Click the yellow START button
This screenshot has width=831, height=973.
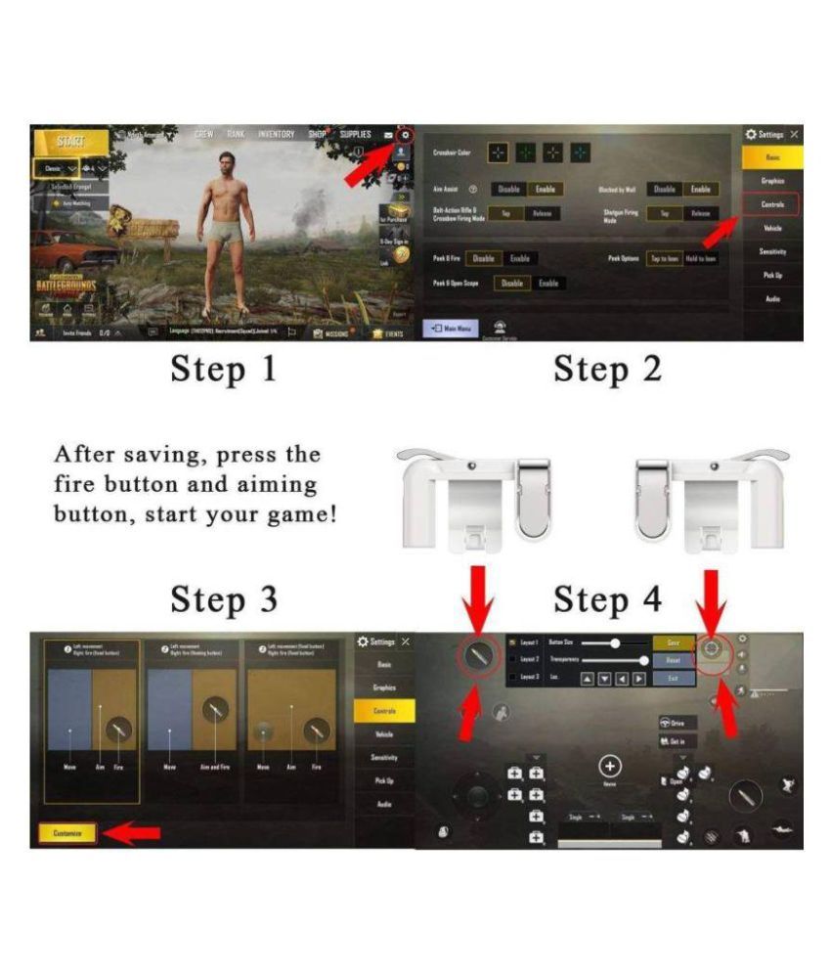pyautogui.click(x=69, y=142)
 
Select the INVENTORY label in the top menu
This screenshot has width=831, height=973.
pyautogui.click(x=276, y=134)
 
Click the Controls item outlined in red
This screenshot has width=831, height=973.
pyautogui.click(x=771, y=204)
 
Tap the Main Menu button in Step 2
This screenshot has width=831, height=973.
pyautogui.click(x=451, y=329)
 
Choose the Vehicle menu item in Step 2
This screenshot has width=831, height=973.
pyautogui.click(x=771, y=228)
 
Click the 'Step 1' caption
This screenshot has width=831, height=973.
pyautogui.click(x=224, y=371)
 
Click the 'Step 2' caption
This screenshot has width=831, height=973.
pyautogui.click(x=607, y=371)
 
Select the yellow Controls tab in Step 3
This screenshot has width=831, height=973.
pyautogui.click(x=384, y=711)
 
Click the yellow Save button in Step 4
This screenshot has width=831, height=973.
pyautogui.click(x=673, y=643)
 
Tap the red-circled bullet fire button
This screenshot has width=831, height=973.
pyautogui.click(x=478, y=656)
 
